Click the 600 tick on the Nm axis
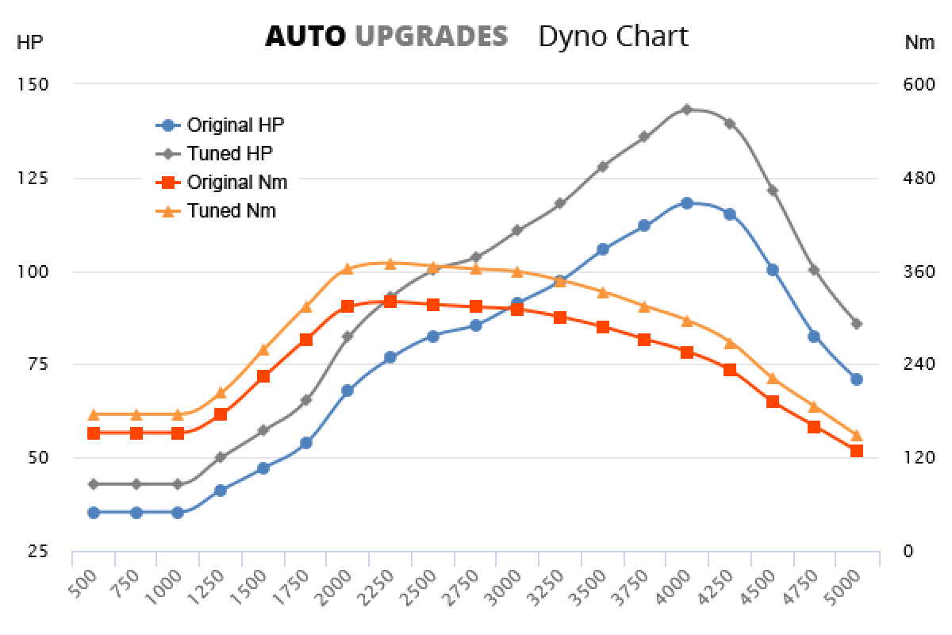tap(920, 85)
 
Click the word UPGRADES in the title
tap(431, 37)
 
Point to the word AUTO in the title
tap(305, 37)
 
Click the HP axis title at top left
tap(29, 44)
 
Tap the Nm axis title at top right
tap(919, 44)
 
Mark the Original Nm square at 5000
tap(857, 451)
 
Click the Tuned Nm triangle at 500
tap(94, 414)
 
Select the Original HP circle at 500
tap(94, 513)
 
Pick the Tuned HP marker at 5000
tap(857, 324)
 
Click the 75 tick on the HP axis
tap(36, 364)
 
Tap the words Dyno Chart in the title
tap(613, 37)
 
